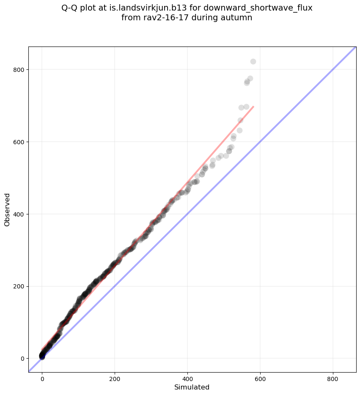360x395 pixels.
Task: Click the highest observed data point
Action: click(253, 61)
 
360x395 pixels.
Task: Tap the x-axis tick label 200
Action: click(115, 378)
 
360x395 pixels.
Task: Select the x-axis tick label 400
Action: click(187, 378)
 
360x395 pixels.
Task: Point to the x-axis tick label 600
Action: click(260, 378)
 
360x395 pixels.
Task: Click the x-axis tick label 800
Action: click(333, 378)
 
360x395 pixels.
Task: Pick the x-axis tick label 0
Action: click(42, 378)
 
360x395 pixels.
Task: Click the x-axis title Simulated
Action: click(192, 387)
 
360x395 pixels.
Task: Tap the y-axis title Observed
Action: click(8, 209)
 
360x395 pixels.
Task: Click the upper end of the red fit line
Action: click(253, 107)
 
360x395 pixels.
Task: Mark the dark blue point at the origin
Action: click(42, 357)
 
